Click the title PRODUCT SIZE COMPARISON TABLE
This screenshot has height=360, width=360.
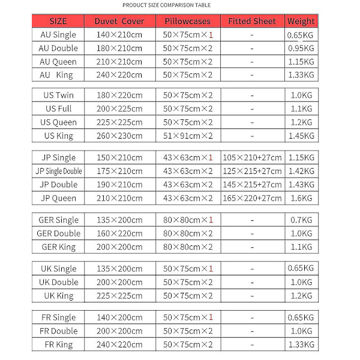(166, 5)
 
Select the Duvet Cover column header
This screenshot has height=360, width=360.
(119, 21)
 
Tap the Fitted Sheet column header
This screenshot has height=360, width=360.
(252, 21)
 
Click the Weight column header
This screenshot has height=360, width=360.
(301, 21)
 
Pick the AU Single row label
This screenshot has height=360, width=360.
(58, 35)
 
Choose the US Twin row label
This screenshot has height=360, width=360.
(58, 95)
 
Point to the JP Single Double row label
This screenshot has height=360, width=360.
(58, 172)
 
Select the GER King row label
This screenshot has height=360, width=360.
(58, 246)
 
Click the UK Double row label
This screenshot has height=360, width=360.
(58, 282)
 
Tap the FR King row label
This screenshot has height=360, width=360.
(58, 344)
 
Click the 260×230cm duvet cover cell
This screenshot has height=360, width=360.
(119, 136)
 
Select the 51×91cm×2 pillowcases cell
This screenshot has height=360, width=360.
(188, 136)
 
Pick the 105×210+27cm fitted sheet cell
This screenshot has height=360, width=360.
(252, 158)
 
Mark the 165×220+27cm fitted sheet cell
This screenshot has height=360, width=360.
(252, 198)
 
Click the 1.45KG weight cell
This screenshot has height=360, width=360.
(301, 136)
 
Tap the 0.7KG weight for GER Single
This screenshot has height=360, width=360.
(301, 220)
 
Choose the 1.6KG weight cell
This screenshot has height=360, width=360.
(301, 198)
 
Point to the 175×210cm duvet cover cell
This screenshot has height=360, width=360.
(119, 172)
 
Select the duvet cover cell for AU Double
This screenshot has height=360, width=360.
(119, 48)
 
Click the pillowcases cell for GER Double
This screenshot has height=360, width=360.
(188, 233)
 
